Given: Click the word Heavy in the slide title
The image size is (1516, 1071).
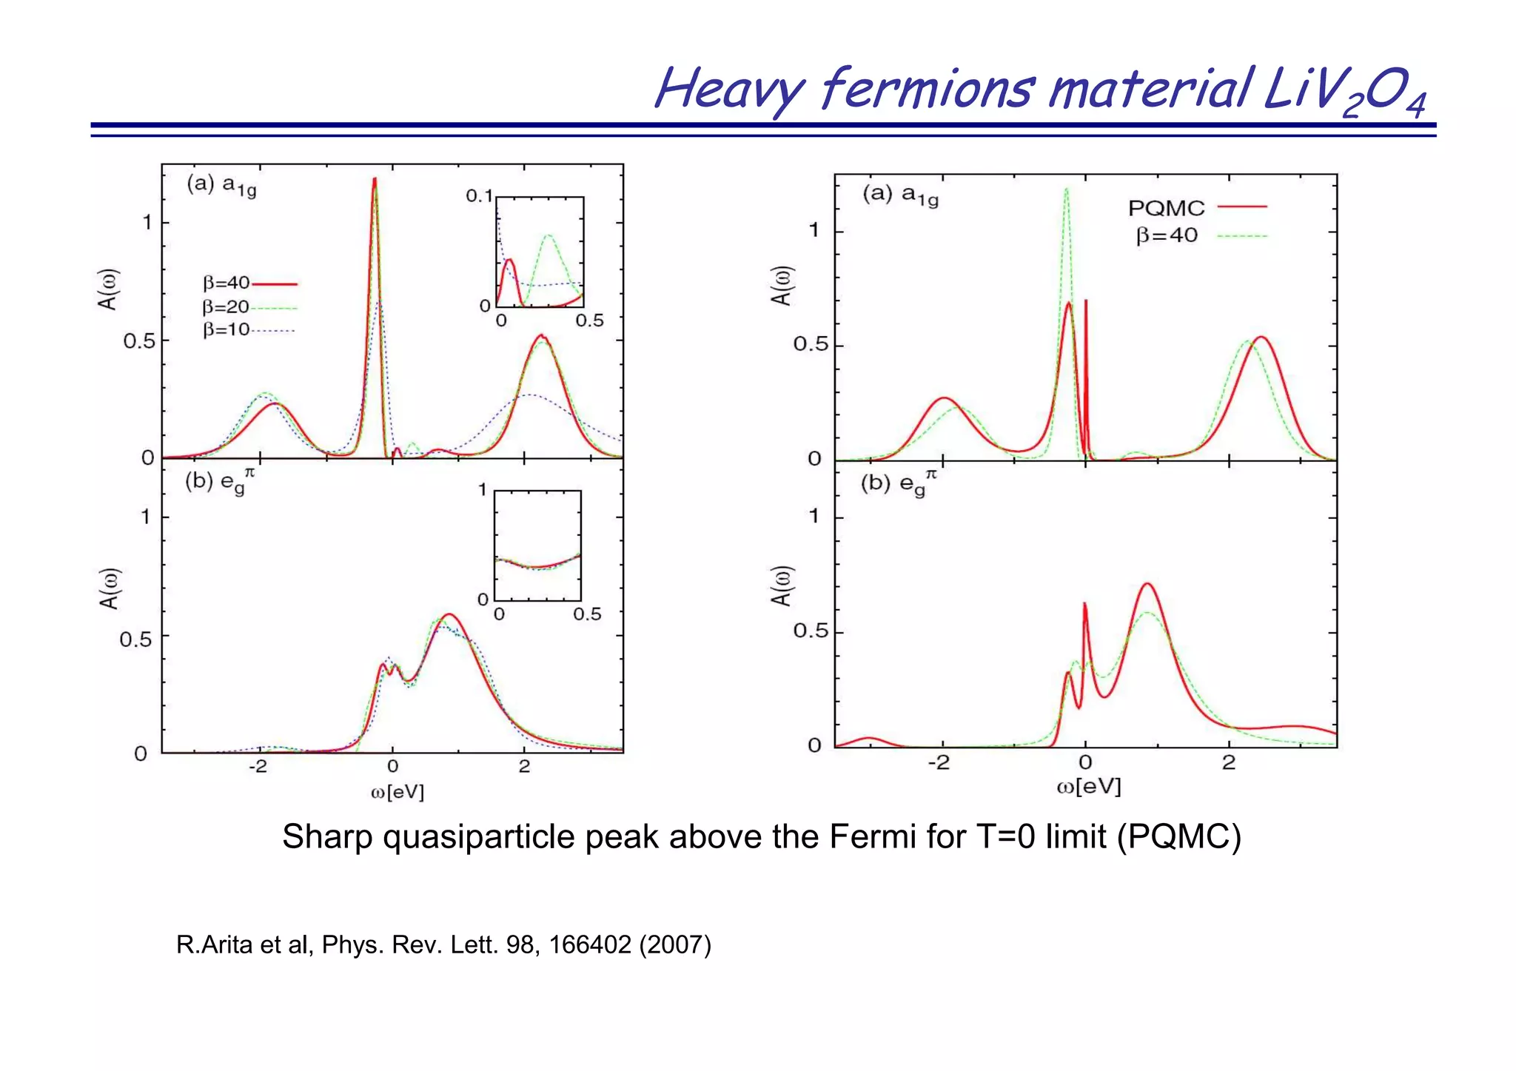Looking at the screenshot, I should click(729, 89).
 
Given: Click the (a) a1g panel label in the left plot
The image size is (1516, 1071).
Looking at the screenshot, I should click(221, 185).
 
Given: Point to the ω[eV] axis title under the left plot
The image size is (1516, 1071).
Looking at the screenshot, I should click(398, 792).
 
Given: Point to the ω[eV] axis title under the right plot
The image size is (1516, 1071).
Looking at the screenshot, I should click(1088, 787).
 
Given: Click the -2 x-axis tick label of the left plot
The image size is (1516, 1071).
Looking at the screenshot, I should click(257, 767).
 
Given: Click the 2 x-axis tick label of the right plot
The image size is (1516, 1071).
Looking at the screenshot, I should click(1229, 762).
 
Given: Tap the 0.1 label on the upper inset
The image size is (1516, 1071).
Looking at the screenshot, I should click(479, 196).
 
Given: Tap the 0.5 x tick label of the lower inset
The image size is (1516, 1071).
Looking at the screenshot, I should click(587, 614).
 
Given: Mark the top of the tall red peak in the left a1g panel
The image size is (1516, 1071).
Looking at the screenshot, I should click(375, 179).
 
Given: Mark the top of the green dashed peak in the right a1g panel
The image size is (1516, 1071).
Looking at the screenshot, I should click(1067, 189).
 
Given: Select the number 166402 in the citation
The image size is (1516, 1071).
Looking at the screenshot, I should click(589, 945).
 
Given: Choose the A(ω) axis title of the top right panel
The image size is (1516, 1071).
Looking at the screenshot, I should click(782, 286).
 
